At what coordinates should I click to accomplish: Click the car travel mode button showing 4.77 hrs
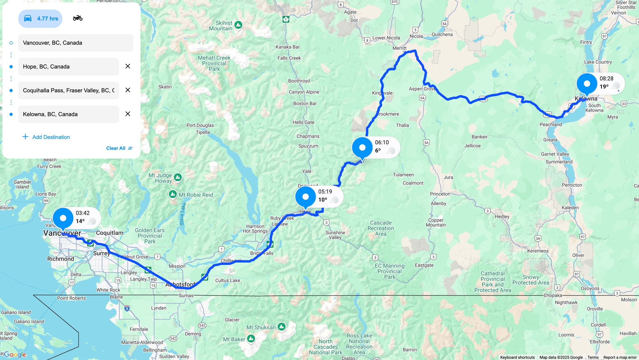point(40,19)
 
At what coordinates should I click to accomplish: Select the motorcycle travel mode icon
point(78,18)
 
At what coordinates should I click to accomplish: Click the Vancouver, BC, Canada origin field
point(76,43)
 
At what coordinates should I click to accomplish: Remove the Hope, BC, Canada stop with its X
point(128,66)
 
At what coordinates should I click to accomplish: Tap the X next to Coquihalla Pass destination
point(128,90)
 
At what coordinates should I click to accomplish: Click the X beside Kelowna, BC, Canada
point(128,114)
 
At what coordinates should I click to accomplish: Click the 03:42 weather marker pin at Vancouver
point(63,218)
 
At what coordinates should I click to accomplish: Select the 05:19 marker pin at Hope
point(305,197)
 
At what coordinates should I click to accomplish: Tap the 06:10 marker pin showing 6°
point(362,148)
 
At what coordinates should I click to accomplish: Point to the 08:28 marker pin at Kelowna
point(587,84)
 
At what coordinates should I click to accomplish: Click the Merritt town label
point(399,48)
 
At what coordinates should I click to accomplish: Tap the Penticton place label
point(572,185)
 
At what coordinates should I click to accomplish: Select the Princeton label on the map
point(440,194)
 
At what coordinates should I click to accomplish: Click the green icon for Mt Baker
point(251,338)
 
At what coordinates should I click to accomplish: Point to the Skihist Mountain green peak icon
point(238,25)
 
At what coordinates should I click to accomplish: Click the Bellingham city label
point(155,350)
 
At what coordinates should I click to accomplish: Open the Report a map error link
point(620,357)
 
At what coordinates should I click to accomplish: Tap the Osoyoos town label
point(590,288)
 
